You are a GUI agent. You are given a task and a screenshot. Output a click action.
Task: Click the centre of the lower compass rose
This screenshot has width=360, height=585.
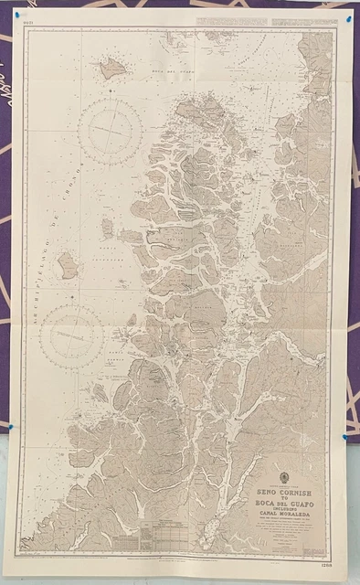(71, 335)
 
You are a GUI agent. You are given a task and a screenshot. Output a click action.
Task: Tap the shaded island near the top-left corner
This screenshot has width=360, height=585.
(112, 67)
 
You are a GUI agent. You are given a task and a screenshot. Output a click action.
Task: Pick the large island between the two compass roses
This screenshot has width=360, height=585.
(68, 265)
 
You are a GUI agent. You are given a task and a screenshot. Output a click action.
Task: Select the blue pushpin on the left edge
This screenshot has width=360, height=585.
(10, 426)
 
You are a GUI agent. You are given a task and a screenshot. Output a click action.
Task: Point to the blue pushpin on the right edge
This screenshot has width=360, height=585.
(344, 438)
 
